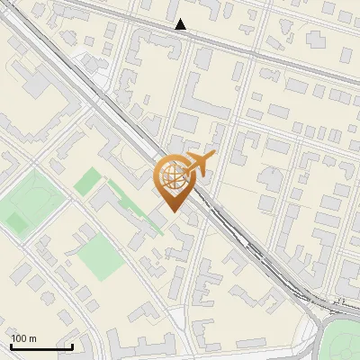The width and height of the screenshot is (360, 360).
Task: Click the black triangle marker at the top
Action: point(181,24)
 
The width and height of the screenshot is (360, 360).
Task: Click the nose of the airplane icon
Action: point(215,156)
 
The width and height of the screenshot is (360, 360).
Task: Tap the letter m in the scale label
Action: point(33,338)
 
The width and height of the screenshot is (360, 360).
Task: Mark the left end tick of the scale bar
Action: point(10,346)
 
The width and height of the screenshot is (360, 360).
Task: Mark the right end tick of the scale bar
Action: point(72,346)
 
